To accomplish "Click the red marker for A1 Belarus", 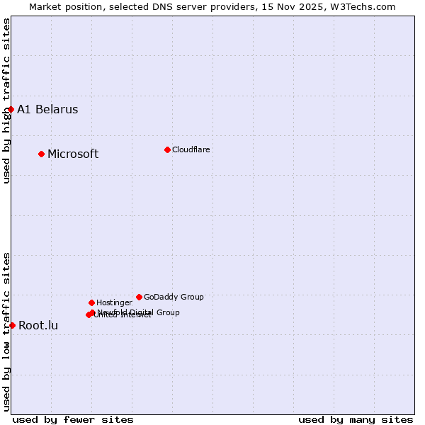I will tap(11, 109).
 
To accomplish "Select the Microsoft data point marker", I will tap(41, 154).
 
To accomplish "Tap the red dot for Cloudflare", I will tap(167, 149).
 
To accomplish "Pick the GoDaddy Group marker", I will tap(139, 297).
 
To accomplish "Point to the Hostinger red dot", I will tap(91, 302).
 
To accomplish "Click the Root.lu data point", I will tap(12, 325).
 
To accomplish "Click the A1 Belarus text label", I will tap(47, 109).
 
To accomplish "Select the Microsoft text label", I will tap(73, 154).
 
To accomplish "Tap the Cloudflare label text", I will tap(191, 149).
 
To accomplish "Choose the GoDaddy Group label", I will tap(174, 297).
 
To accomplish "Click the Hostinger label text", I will tap(114, 302).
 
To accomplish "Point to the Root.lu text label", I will tap(38, 325).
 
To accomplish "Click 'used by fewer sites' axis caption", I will tap(73, 419).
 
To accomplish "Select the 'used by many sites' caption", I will tap(356, 419).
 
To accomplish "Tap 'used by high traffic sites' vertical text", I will tap(6, 101).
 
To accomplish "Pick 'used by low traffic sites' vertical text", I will tap(6, 331).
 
